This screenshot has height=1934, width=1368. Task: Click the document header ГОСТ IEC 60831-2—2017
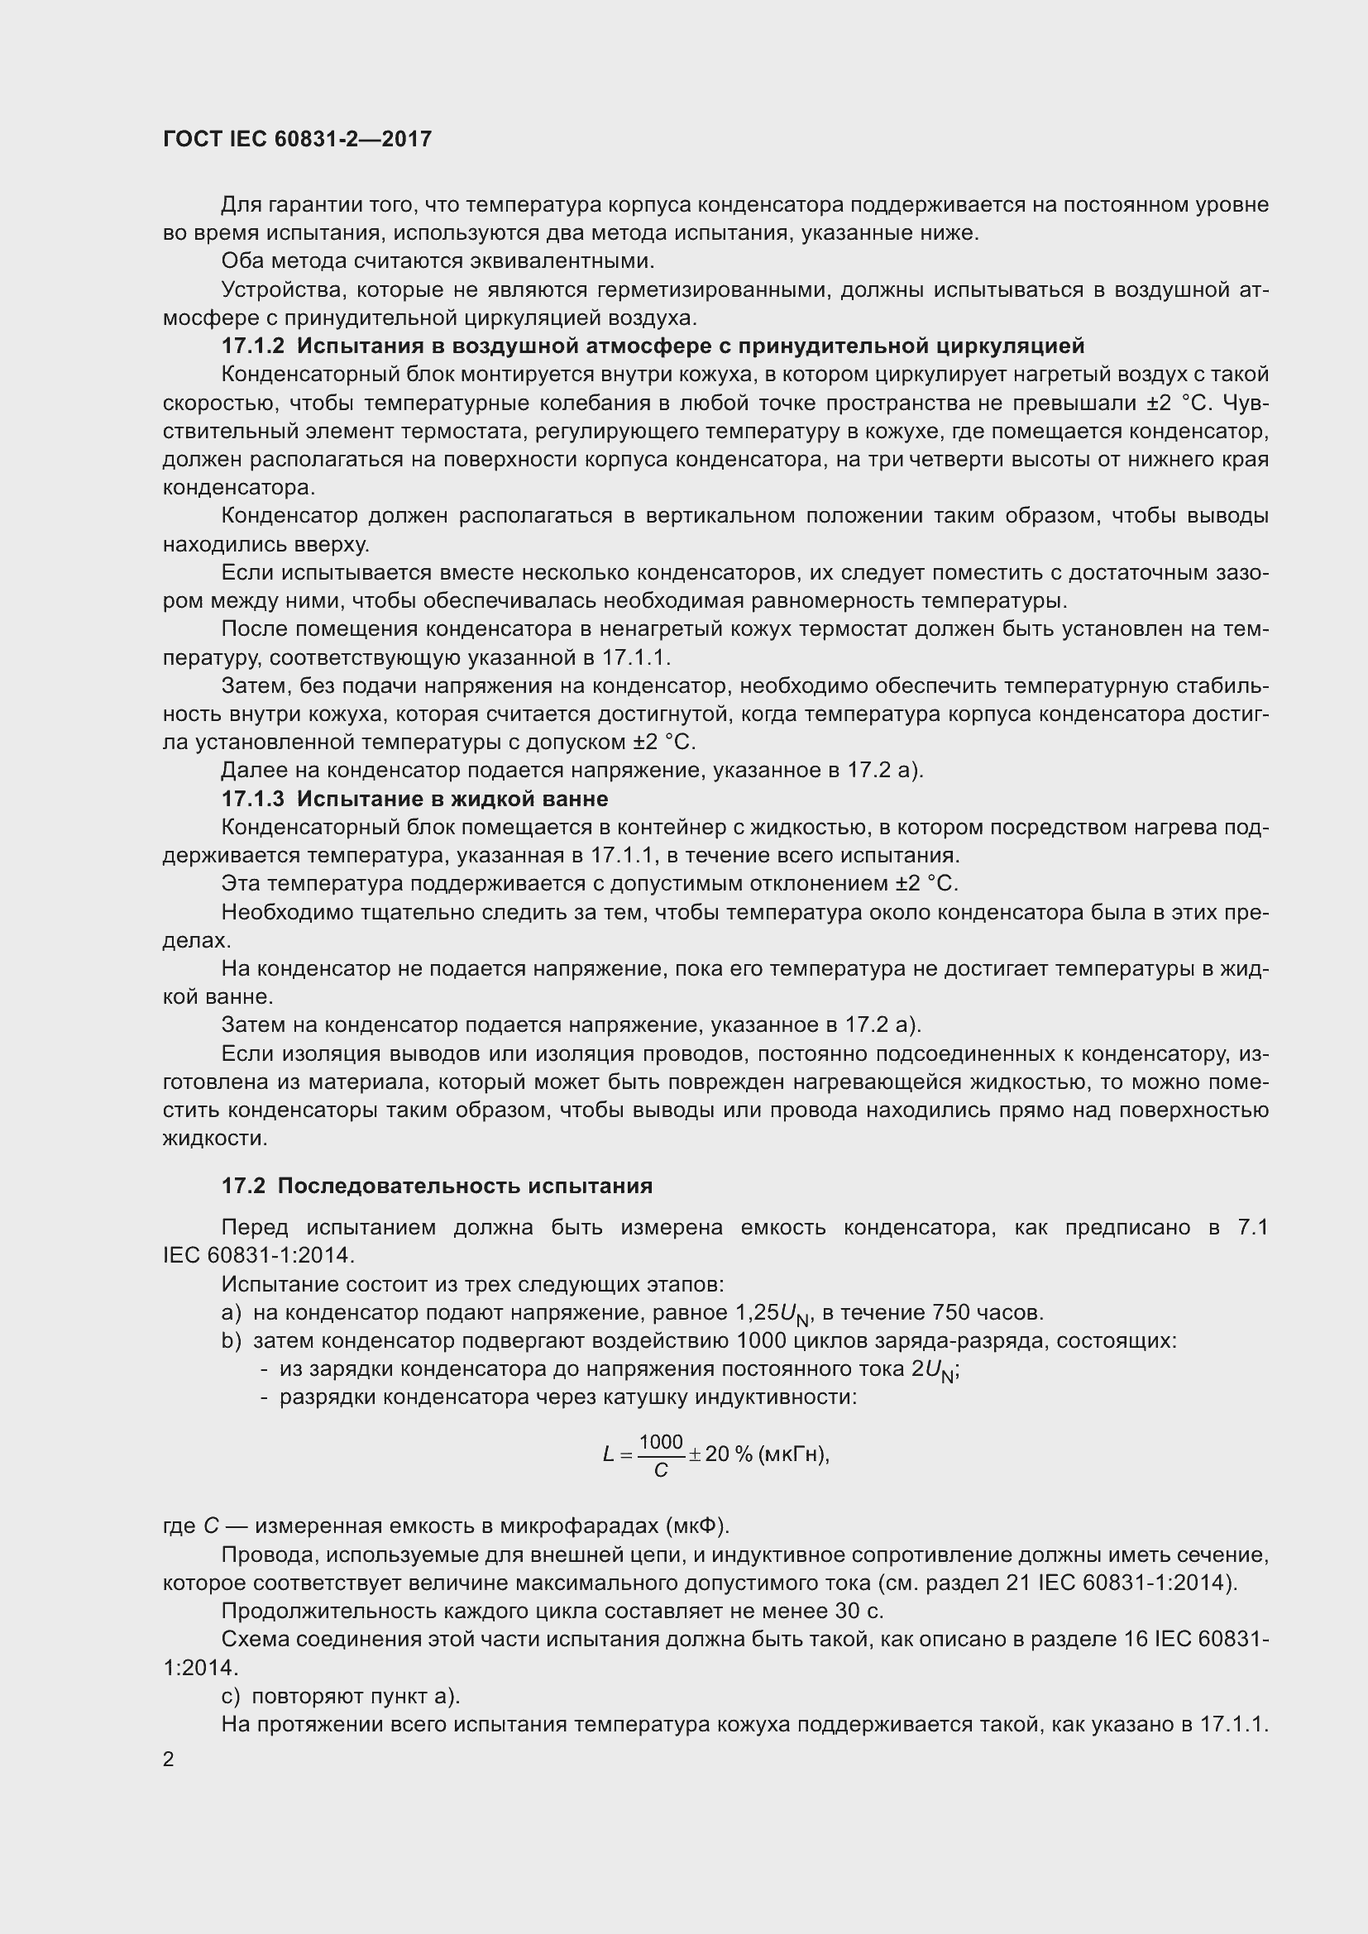[297, 140]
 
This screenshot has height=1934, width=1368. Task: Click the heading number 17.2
[242, 1186]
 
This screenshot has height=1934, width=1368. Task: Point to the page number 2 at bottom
[169, 1760]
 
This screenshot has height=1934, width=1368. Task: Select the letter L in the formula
[608, 1454]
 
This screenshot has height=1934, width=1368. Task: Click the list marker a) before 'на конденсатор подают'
[231, 1313]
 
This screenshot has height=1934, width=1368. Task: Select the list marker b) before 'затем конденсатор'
[231, 1341]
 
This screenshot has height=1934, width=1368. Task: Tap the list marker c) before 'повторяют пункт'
[231, 1697]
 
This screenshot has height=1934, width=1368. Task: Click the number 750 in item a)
[952, 1313]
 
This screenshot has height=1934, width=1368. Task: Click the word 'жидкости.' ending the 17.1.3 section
[203, 1139]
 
